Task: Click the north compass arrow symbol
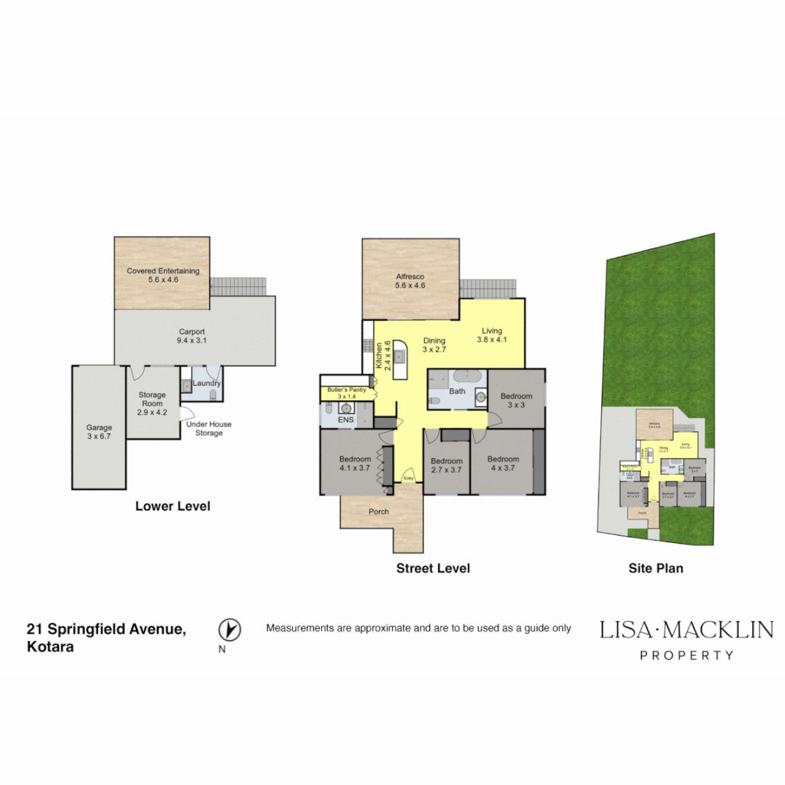tap(230, 629)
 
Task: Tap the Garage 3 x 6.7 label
tap(99, 432)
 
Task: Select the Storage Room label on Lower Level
tap(153, 403)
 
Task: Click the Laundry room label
tap(206, 384)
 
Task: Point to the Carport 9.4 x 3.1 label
tap(192, 336)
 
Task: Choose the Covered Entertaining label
tap(163, 275)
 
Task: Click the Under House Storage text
tap(209, 428)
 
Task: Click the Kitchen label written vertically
tap(383, 356)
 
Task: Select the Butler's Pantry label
tap(347, 393)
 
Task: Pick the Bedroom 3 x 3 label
tap(516, 400)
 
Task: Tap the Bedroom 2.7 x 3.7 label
tap(446, 465)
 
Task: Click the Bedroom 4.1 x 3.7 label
tap(355, 463)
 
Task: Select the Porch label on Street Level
tap(379, 512)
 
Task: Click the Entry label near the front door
tap(408, 478)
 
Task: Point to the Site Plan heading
tap(656, 568)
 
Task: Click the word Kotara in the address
tap(50, 646)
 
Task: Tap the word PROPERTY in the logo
tap(686, 655)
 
